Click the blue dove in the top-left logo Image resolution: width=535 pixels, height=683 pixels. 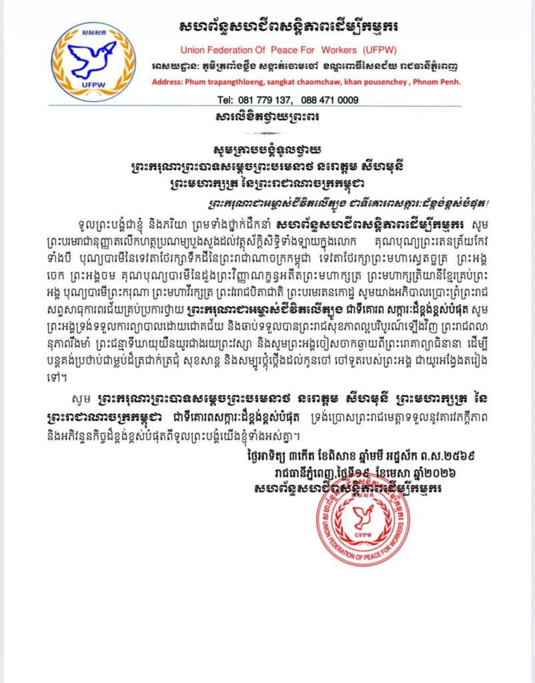pos(93,58)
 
